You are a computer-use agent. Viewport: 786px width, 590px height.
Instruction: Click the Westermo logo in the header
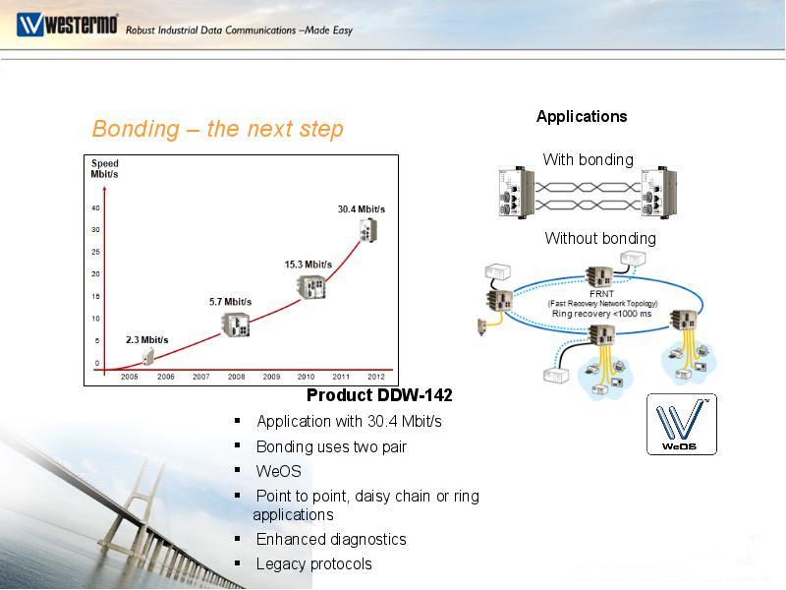click(x=66, y=24)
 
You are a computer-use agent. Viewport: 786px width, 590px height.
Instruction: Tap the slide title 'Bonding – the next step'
click(x=217, y=129)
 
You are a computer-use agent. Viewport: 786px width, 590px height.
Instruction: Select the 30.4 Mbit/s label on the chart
click(x=362, y=208)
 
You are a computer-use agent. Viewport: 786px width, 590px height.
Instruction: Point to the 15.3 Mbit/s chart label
click(x=308, y=265)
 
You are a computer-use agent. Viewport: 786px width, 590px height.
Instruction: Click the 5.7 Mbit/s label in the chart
click(x=230, y=302)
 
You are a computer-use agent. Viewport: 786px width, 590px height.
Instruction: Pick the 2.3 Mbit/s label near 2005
click(x=147, y=340)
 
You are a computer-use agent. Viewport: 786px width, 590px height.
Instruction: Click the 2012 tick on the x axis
click(x=375, y=377)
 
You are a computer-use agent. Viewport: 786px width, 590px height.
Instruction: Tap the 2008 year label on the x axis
click(x=236, y=377)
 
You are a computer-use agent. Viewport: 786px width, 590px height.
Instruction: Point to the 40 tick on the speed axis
click(x=96, y=208)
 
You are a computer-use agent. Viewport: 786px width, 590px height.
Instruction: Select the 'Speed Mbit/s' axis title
click(x=104, y=169)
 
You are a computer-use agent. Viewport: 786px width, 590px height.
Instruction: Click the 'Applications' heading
click(x=582, y=116)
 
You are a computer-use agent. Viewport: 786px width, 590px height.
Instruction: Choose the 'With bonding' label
click(x=588, y=159)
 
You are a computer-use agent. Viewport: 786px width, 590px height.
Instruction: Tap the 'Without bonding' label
click(x=600, y=238)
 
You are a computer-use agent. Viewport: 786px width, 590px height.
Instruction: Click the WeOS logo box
click(x=681, y=424)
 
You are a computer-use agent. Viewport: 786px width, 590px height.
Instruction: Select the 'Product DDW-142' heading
click(x=379, y=395)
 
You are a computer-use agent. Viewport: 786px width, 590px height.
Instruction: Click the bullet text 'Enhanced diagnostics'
click(x=331, y=539)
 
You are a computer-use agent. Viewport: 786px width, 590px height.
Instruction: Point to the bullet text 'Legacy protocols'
click(x=313, y=563)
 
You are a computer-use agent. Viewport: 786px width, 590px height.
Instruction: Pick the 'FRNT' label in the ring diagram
click(x=601, y=294)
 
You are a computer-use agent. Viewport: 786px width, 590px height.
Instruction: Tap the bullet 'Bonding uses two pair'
click(x=331, y=446)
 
